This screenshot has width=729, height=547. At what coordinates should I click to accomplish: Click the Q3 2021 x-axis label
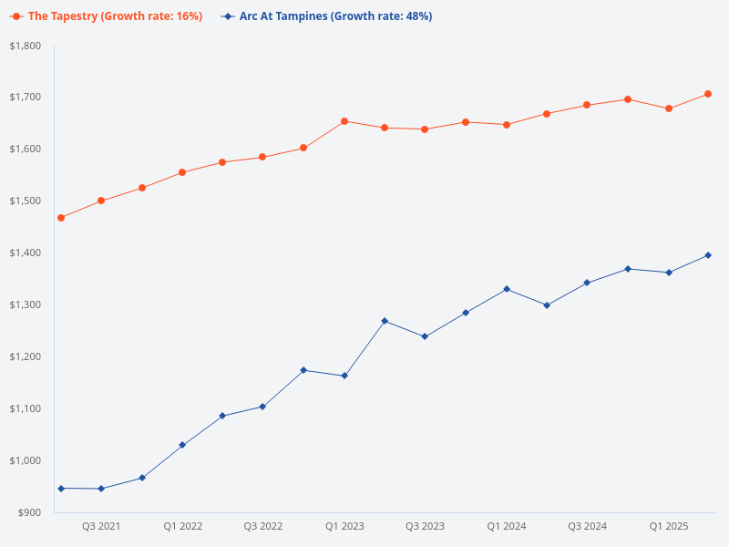coord(101,526)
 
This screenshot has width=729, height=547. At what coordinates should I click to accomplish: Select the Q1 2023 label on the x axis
coord(344,526)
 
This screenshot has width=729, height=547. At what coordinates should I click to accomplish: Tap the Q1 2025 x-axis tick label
coord(669,526)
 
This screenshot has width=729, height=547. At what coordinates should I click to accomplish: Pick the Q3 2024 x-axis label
coord(588,526)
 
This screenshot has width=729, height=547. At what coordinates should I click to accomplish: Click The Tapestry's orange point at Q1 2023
coord(344,121)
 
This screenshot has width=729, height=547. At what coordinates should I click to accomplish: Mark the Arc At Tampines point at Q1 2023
coord(344,376)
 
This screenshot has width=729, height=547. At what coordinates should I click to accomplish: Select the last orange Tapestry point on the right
coord(708,94)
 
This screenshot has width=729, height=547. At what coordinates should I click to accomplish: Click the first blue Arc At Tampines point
coord(61,489)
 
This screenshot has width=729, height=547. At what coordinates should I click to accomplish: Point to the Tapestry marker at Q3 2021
coord(101,201)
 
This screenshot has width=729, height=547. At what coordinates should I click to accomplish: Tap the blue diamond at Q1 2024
coord(507,289)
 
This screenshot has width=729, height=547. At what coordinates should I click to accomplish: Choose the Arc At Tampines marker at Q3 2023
coord(426,336)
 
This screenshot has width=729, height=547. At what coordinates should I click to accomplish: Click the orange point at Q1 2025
coord(669,108)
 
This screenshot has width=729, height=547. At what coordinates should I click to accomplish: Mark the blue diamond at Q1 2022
coord(182,445)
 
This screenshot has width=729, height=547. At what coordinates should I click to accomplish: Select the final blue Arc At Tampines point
coord(708,255)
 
